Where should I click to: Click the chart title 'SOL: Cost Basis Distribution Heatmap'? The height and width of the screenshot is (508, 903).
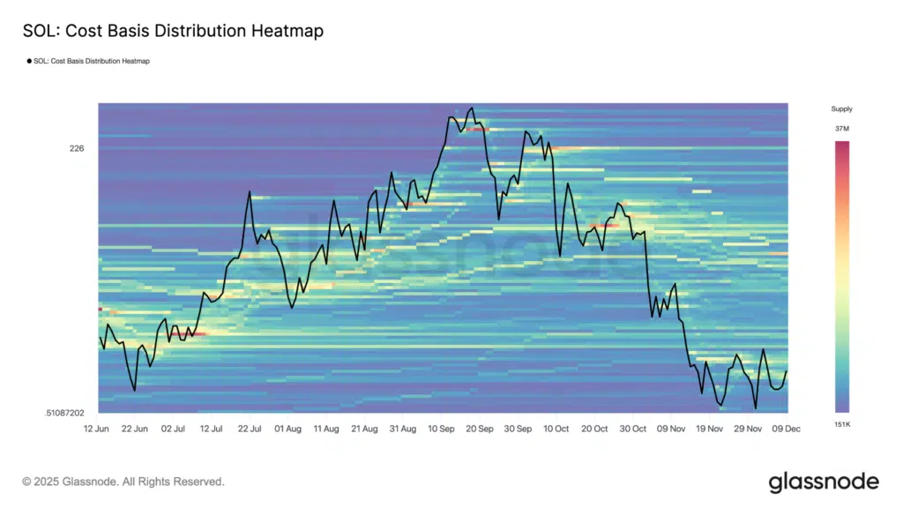(173, 31)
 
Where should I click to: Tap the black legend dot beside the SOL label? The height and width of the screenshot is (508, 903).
(28, 62)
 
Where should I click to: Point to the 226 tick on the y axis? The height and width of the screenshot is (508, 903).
(77, 148)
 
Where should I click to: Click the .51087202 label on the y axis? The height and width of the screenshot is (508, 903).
(64, 413)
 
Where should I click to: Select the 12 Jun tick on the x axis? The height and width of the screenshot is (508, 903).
(96, 429)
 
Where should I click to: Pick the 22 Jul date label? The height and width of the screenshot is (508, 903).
(249, 429)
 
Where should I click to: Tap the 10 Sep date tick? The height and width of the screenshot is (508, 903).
(441, 429)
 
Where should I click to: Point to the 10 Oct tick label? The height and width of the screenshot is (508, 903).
(556, 429)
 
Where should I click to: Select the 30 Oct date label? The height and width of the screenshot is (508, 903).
(633, 429)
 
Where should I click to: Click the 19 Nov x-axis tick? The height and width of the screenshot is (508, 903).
(710, 429)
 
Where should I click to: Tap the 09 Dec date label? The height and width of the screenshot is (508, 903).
(787, 429)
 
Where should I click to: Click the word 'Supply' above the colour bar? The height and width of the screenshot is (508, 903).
(841, 109)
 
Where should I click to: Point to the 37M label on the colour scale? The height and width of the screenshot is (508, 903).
(841, 129)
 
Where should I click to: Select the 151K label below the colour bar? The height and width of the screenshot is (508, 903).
(841, 424)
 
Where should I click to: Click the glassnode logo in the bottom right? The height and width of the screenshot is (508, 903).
(824, 482)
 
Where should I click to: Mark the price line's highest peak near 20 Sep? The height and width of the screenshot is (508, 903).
(472, 108)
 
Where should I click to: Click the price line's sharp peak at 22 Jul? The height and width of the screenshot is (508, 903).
(250, 192)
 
